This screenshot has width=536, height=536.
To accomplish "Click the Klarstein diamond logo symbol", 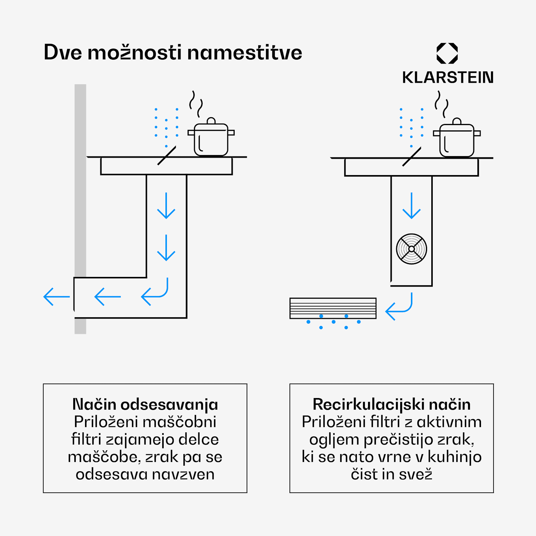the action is click(447, 53).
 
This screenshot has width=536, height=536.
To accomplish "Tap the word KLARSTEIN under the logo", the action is click(448, 78).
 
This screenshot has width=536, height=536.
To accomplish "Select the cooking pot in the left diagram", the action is click(211, 137).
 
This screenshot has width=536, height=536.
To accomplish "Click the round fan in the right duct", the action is click(412, 249).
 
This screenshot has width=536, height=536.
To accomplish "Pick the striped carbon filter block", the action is click(333, 308).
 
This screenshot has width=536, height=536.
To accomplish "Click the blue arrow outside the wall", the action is click(56, 297).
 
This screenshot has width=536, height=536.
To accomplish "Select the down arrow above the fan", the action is click(412, 205).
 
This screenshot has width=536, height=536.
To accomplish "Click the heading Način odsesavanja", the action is click(145, 404).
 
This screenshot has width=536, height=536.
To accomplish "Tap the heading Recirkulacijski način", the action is click(392, 404).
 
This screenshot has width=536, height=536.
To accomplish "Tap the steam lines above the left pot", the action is click(196, 104).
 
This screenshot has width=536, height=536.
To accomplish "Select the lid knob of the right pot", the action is click(457, 121).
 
